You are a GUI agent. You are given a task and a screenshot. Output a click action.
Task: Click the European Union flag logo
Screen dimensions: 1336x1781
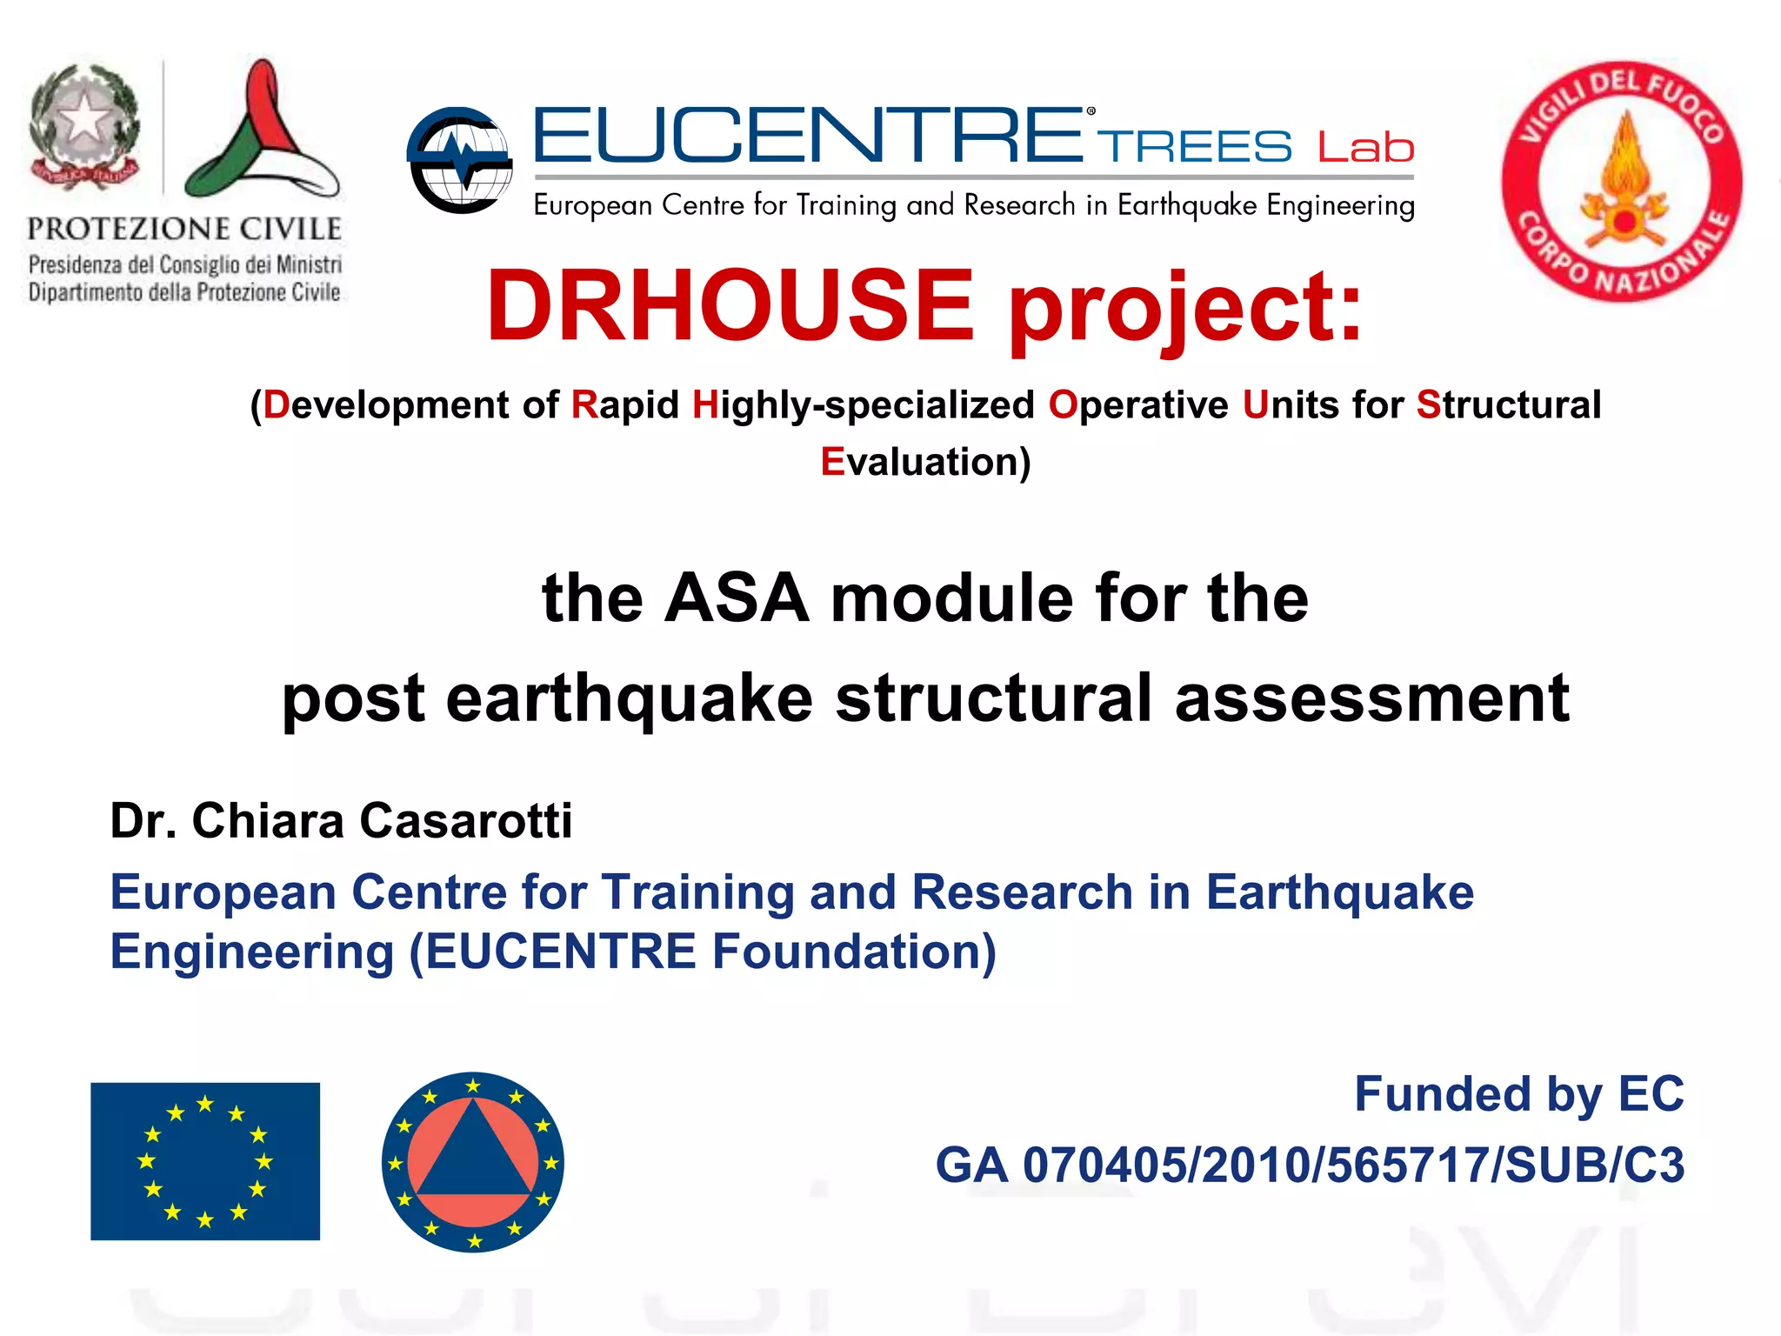(x=205, y=1161)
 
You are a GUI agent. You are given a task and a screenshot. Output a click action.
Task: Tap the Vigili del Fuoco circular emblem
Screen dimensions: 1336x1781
(x=1623, y=182)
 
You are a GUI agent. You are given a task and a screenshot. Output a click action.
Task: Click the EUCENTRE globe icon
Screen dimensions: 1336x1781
(x=460, y=160)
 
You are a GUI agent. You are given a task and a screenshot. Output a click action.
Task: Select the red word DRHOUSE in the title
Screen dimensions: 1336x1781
(x=730, y=306)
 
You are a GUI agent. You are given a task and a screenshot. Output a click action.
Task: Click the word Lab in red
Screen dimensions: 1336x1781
(x=1365, y=148)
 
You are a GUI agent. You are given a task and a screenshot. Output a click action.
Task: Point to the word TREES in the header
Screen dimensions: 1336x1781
(x=1194, y=146)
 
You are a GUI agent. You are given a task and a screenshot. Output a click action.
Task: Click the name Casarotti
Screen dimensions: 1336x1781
(x=466, y=820)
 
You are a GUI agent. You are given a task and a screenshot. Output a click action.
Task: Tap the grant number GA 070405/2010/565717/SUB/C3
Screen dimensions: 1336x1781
(x=1310, y=1166)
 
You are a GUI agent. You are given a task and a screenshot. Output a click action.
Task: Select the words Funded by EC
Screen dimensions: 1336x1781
(x=1518, y=1094)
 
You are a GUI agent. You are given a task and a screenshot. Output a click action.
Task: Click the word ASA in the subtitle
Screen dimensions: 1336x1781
(x=736, y=598)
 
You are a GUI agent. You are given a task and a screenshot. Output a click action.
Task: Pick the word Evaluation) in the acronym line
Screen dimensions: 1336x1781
(x=925, y=462)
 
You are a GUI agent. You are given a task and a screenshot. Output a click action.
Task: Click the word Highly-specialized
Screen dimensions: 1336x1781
(x=863, y=405)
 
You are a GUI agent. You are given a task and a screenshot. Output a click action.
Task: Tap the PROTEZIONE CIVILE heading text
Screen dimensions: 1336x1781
(x=184, y=229)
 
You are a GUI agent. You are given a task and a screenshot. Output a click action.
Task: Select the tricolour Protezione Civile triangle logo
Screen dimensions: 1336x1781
(x=261, y=130)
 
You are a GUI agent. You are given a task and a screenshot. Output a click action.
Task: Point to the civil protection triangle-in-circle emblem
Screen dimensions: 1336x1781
(x=473, y=1162)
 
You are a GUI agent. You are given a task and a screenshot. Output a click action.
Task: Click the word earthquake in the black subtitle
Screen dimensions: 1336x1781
(x=630, y=698)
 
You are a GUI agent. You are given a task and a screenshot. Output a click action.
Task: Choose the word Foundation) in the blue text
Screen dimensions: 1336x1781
(x=854, y=952)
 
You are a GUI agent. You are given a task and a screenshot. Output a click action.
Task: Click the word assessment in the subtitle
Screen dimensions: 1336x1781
(x=1371, y=698)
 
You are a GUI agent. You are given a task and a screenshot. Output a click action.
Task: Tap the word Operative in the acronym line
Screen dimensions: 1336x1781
(x=1138, y=405)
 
